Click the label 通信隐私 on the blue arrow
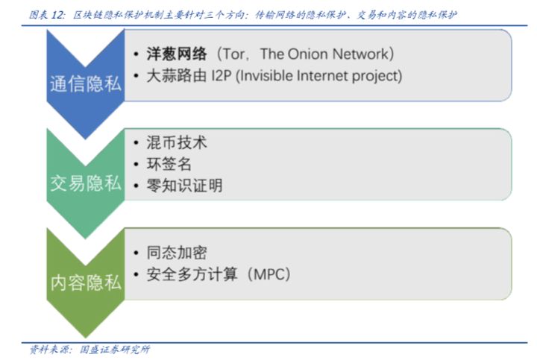(x=86, y=83)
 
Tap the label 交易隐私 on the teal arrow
(x=86, y=183)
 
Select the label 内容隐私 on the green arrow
(x=86, y=282)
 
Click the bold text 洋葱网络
(x=177, y=54)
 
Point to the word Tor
(x=233, y=54)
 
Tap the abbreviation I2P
(x=222, y=75)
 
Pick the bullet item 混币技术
(x=177, y=142)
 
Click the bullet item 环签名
(x=169, y=164)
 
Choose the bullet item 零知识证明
(x=185, y=186)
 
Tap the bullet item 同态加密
(x=177, y=253)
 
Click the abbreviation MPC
(x=268, y=274)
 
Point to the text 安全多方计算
(x=192, y=274)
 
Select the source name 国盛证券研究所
(x=115, y=350)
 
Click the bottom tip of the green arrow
(x=86, y=338)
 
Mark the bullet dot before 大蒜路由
(x=136, y=75)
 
